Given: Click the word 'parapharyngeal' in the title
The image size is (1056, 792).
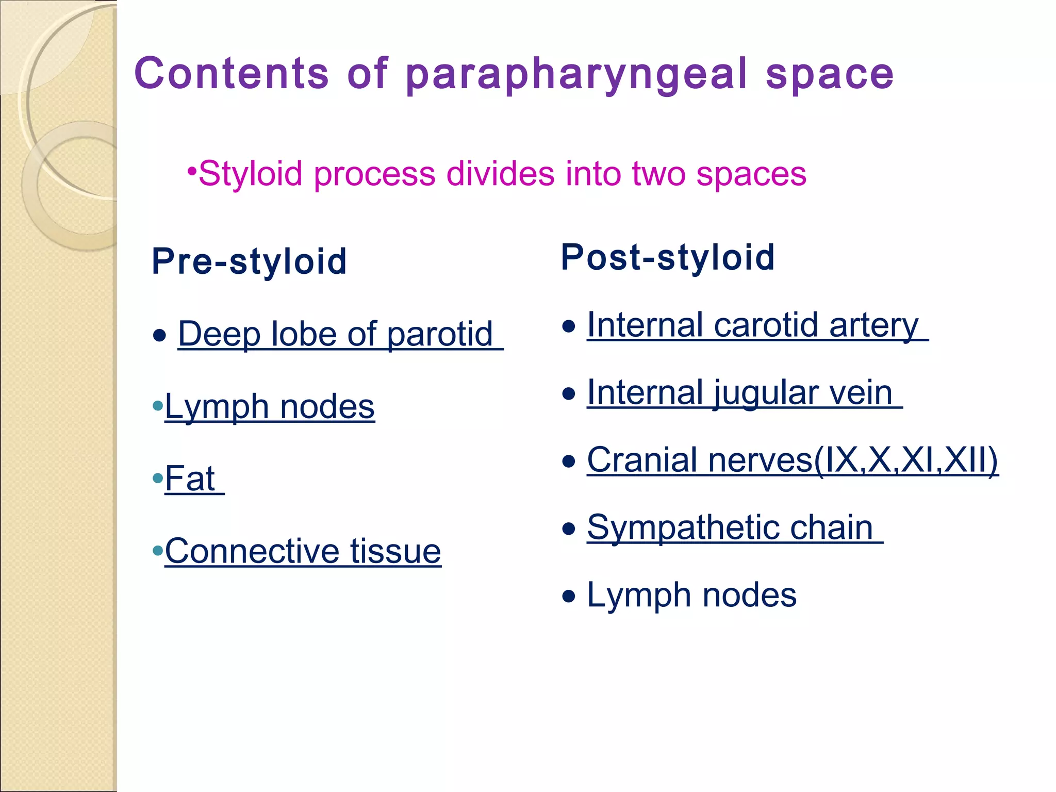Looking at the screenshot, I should [576, 75].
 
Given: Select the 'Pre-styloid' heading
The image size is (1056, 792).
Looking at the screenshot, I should [249, 261].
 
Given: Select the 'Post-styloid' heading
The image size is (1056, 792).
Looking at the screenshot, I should [668, 257].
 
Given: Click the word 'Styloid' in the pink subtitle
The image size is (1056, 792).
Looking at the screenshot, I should [250, 174].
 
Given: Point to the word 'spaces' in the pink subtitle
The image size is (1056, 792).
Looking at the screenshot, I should [751, 174].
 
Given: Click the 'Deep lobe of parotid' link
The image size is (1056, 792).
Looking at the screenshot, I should [336, 334].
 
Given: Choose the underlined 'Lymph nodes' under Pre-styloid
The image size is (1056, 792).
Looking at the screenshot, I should [270, 407].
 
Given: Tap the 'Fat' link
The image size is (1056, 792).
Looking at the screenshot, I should [190, 478].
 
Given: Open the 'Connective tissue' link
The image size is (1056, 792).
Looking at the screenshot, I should [303, 551].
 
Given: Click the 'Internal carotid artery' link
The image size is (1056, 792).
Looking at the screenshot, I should [753, 325].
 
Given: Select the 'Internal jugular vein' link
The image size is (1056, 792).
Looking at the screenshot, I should [740, 393].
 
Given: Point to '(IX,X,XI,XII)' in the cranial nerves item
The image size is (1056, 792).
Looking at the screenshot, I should [906, 460].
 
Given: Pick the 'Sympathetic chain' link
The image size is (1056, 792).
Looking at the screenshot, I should [730, 528].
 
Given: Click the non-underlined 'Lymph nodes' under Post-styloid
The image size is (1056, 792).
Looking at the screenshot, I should [691, 596].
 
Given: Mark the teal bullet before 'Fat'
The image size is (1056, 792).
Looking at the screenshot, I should [158, 478].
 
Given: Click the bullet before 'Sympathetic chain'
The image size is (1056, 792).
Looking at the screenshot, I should [568, 529].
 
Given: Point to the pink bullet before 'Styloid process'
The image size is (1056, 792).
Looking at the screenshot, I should [192, 171].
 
